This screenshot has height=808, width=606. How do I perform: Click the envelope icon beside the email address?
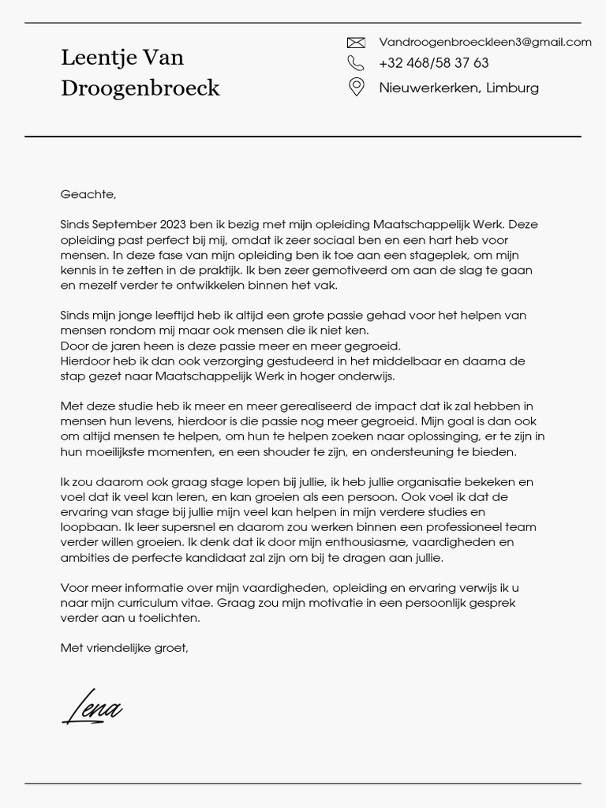(356, 43)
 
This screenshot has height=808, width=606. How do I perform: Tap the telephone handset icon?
(356, 63)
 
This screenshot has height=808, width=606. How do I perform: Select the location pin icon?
(356, 87)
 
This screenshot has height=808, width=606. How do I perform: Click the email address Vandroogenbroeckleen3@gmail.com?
(484, 42)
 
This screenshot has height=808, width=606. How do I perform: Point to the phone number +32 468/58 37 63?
(433, 63)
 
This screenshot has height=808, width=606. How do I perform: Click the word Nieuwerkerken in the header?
(428, 88)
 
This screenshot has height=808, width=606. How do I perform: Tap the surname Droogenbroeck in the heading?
(140, 88)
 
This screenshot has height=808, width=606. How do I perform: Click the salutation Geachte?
(88, 194)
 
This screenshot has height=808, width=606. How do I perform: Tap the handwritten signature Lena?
(92, 708)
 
